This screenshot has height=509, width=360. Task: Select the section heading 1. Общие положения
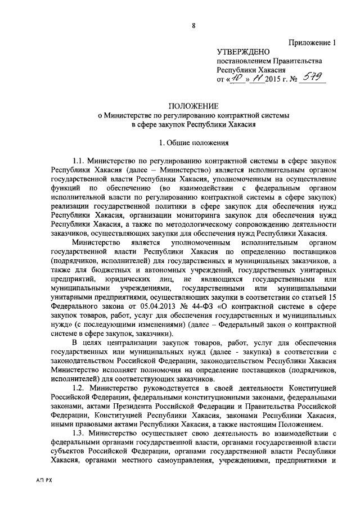[x=193, y=142]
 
